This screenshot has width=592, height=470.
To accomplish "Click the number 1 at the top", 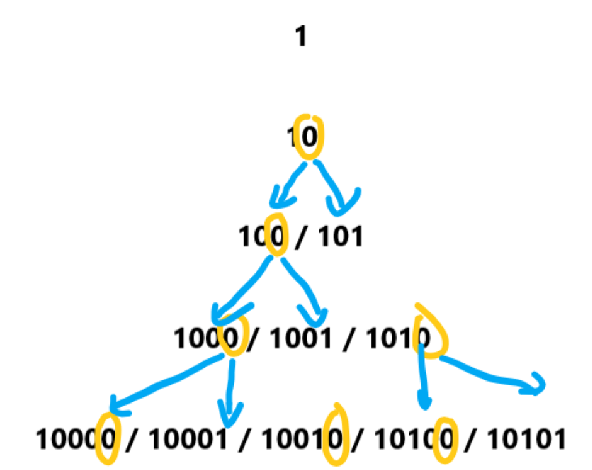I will pos(300,37).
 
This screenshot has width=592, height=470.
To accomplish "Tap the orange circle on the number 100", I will pos(276,235).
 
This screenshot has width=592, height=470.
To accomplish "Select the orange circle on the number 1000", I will pos(233,335).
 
